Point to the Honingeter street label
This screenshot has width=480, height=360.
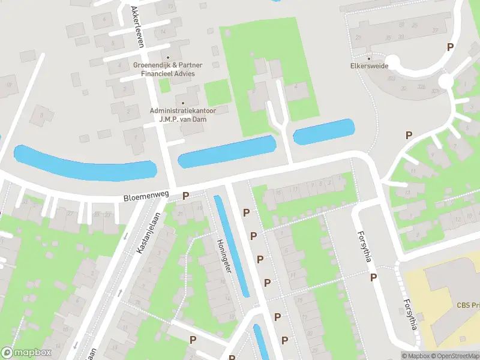coord(223,256)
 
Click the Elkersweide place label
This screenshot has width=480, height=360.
coord(369,66)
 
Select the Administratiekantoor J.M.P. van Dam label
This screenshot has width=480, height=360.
coord(182,114)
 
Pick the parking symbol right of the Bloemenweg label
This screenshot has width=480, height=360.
coord(186,196)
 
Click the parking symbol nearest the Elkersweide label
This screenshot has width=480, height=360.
coord(449,47)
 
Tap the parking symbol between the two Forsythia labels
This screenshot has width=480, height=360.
coord(373,277)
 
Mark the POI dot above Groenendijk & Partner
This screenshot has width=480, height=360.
coord(168,58)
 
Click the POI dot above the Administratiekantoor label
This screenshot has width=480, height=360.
coord(182,103)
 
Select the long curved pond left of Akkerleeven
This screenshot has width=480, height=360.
coord(84,163)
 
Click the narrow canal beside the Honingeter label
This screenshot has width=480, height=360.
coord(231,246)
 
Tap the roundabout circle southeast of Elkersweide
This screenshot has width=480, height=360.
coord(445,80)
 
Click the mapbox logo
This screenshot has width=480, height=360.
coord(25,353)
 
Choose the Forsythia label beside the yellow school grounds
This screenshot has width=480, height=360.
coord(410,315)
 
